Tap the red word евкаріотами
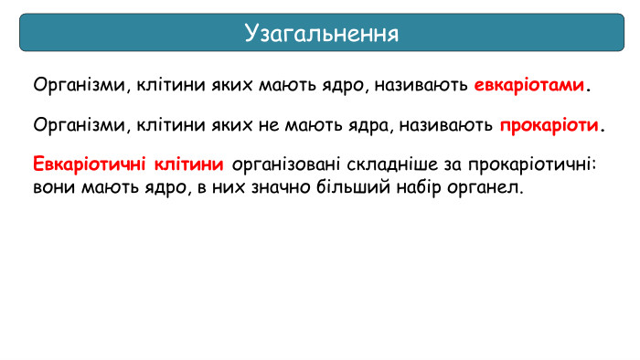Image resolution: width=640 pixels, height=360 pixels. pyautogui.click(x=529, y=86)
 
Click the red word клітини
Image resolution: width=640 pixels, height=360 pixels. pyautogui.click(x=189, y=165)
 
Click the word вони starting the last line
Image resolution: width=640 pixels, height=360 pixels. pyautogui.click(x=53, y=189)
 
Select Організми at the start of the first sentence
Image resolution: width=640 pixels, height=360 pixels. pyautogui.click(x=79, y=87)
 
